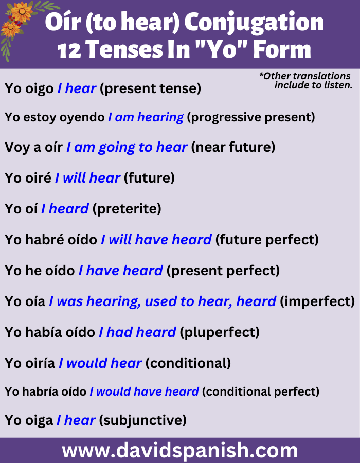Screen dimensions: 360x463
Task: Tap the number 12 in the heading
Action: point(69,49)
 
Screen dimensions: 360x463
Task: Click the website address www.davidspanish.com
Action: point(179,451)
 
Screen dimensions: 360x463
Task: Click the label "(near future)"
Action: point(233,147)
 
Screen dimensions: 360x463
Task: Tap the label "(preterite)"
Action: point(127,209)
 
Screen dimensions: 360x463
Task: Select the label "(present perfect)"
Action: point(223,271)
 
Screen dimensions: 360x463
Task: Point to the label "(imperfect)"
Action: point(317,301)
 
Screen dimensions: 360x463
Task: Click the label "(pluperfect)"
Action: point(220,332)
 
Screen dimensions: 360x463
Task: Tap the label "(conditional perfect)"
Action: point(261,392)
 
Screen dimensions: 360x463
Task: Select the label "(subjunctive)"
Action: point(142,420)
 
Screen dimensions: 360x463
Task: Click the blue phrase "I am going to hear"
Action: point(127,147)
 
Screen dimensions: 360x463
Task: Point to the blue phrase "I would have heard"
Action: point(145,392)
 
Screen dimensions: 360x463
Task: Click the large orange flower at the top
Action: point(22,11)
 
